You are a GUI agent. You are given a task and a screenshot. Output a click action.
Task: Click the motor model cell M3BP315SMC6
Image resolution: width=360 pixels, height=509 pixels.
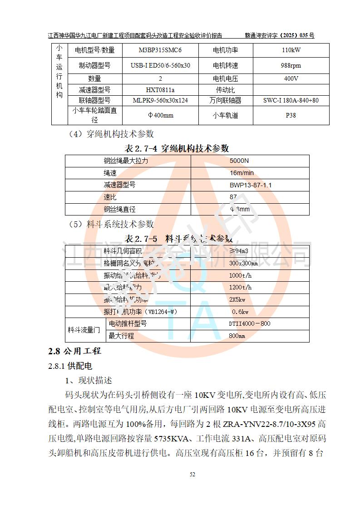click(160, 50)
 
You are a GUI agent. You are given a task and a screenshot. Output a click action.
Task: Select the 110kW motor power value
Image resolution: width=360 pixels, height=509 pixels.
click(291, 50)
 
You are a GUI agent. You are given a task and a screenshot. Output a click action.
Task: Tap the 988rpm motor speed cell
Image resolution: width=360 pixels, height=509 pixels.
click(291, 65)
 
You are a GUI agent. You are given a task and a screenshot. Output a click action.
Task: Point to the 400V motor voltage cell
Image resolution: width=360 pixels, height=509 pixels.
click(291, 78)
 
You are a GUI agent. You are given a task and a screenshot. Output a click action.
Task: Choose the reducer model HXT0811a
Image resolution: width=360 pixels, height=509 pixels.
click(160, 90)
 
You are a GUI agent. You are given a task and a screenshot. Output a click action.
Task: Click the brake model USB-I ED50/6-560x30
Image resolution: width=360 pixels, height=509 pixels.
click(160, 65)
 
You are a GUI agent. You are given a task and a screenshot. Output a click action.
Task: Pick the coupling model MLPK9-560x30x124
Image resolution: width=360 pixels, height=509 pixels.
click(160, 100)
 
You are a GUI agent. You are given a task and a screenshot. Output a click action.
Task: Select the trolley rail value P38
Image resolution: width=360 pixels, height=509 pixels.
click(291, 115)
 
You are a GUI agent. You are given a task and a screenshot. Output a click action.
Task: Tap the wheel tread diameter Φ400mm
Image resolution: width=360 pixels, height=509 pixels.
click(160, 115)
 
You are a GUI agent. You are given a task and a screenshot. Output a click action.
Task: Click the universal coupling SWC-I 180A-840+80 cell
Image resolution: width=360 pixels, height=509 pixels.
click(291, 100)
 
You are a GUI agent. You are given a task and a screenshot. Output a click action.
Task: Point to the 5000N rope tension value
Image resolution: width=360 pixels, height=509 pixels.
click(239, 161)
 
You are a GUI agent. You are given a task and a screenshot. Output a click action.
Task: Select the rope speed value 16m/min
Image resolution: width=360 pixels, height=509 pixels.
click(242, 173)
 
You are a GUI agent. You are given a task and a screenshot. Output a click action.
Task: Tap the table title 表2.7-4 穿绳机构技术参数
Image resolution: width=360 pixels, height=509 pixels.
click(177, 148)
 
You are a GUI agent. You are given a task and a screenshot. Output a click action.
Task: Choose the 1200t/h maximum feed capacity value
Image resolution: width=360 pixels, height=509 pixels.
click(240, 288)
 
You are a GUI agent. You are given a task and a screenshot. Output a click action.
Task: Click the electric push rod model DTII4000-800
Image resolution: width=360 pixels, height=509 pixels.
click(249, 323)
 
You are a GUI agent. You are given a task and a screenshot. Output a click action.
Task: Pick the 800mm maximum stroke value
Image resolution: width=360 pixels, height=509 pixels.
click(237, 336)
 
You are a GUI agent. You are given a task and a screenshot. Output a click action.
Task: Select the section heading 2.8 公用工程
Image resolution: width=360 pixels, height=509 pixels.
click(74, 351)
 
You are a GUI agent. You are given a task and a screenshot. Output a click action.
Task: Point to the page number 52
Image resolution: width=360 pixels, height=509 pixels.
click(192, 475)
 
